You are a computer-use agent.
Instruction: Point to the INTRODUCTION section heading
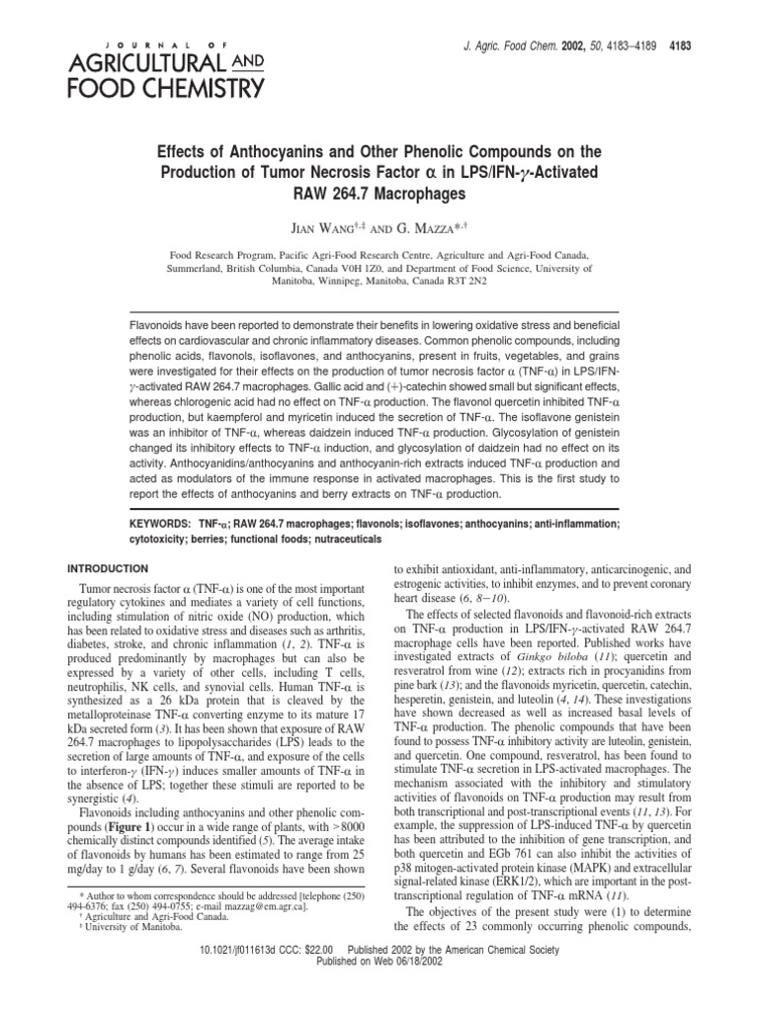[x=106, y=568]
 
